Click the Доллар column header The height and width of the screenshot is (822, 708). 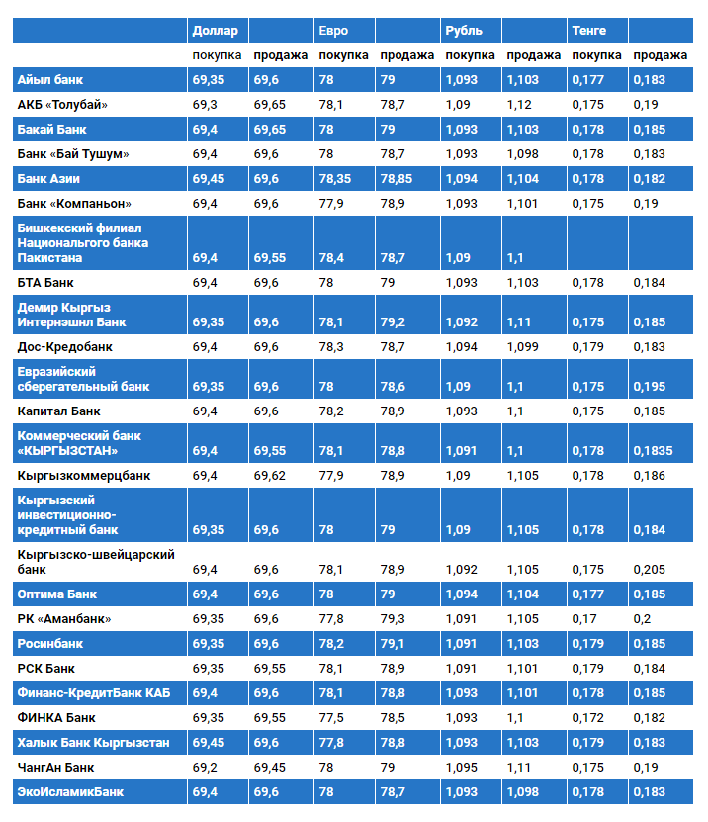(216, 31)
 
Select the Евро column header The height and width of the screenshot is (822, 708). (333, 31)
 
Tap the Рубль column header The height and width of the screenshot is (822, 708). (464, 31)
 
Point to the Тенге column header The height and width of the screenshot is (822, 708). (589, 31)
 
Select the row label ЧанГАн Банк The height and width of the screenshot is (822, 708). (56, 767)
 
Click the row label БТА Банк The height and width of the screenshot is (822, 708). (45, 283)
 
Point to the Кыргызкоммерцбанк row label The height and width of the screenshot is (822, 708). (84, 475)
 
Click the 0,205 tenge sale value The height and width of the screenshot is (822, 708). (649, 570)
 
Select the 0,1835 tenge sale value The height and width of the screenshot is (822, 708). (653, 451)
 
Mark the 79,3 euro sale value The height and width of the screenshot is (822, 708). (393, 619)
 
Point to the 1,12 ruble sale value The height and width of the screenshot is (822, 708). (519, 104)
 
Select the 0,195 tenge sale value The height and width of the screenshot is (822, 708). (650, 387)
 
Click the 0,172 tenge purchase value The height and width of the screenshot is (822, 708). (587, 717)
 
